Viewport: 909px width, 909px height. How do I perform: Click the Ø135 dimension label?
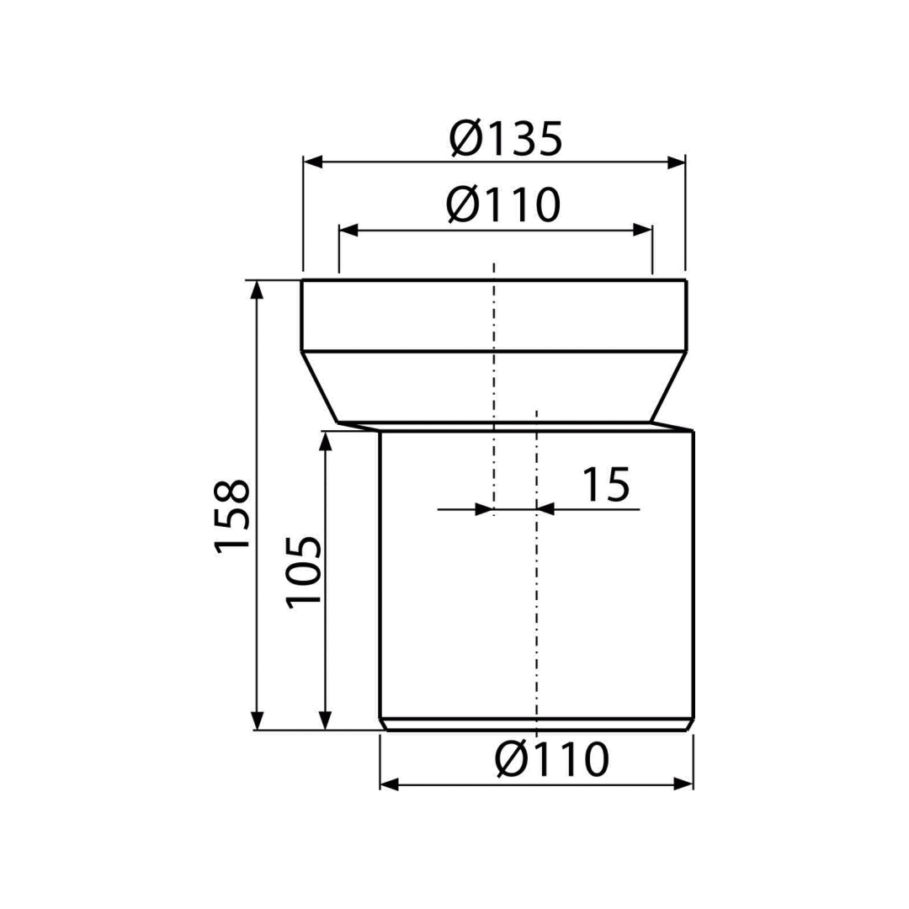coord(506,139)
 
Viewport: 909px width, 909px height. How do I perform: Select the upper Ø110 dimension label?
coord(504,205)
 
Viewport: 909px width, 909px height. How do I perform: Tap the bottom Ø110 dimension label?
coord(552,759)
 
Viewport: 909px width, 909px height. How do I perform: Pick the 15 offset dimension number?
coord(606,484)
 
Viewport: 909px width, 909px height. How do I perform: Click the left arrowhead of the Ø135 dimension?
coord(313,162)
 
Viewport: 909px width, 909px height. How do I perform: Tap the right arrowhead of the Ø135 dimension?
coord(676,162)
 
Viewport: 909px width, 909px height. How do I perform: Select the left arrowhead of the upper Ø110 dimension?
coord(348,230)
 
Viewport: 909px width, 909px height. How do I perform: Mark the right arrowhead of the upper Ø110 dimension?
coord(643,230)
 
